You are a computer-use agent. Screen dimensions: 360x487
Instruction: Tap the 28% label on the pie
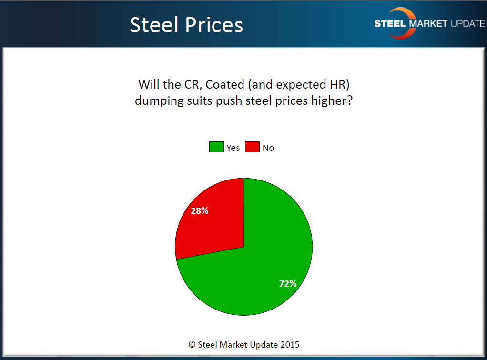pos(200,210)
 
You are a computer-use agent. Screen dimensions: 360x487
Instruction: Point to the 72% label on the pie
pos(288,283)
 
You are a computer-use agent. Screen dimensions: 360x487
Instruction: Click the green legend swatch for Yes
pos(216,147)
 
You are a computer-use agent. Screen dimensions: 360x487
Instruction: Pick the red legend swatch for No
pos(252,147)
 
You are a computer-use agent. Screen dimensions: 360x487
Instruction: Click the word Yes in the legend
pos(233,148)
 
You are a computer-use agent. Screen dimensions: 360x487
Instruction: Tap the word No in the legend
pos(268,148)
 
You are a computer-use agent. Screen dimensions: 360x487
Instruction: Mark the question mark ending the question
pos(349,101)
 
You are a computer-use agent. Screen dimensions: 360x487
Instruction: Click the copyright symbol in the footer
pos(192,344)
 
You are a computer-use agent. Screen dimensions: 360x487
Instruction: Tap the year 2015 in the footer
pos(289,344)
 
